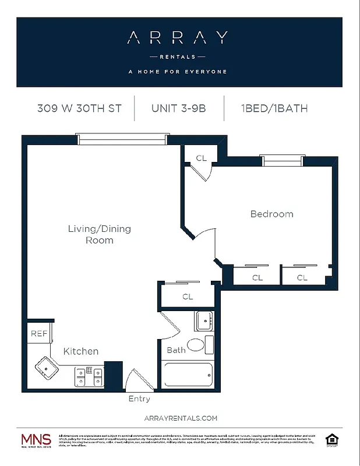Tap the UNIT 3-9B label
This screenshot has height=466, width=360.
point(179,108)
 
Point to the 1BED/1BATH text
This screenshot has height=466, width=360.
point(273,108)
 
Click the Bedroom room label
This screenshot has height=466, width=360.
point(271,214)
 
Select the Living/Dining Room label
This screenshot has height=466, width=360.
point(100,234)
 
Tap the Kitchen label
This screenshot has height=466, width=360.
point(80,351)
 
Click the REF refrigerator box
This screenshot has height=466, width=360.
point(38,334)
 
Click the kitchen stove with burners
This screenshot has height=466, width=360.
point(89,375)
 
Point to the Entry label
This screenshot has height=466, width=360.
point(139,399)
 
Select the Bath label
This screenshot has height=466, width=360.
point(176,350)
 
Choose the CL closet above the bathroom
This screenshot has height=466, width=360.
point(188,296)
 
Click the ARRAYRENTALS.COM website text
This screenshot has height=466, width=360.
point(179,418)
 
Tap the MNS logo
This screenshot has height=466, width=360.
point(36,440)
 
